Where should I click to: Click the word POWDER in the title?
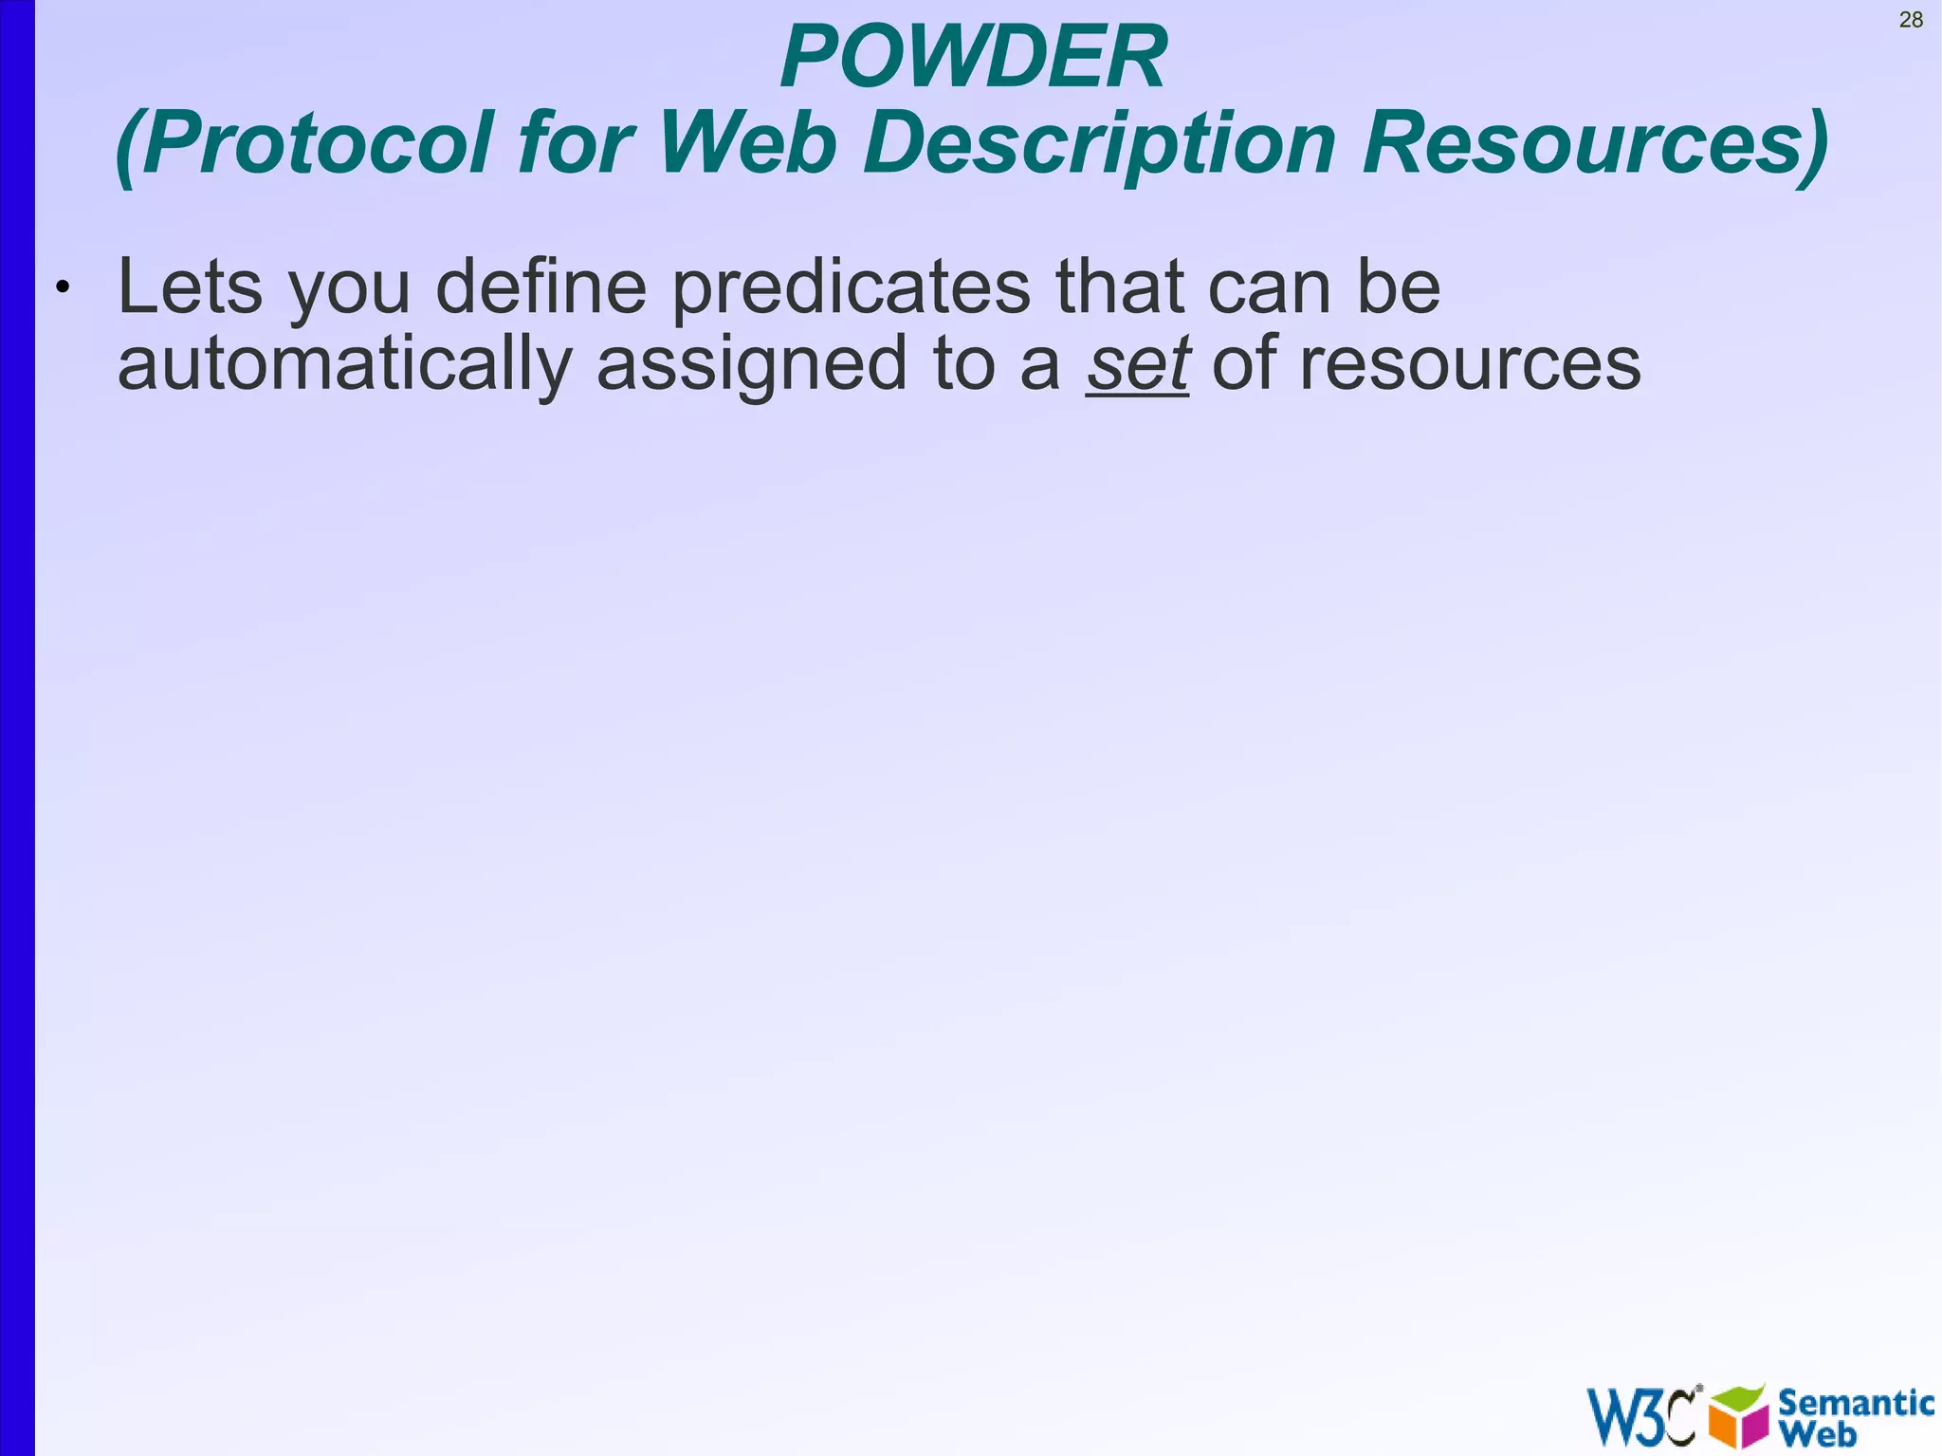974,58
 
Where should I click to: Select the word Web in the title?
748,144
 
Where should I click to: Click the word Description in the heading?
1099,144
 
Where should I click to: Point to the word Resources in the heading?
1593,144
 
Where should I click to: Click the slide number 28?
1911,20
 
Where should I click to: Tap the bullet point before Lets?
63,287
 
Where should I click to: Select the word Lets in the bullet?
190,287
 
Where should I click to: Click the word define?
540,287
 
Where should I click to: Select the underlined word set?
1137,364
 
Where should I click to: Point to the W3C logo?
1641,1416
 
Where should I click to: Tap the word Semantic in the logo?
1856,1402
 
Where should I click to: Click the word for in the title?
575,144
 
